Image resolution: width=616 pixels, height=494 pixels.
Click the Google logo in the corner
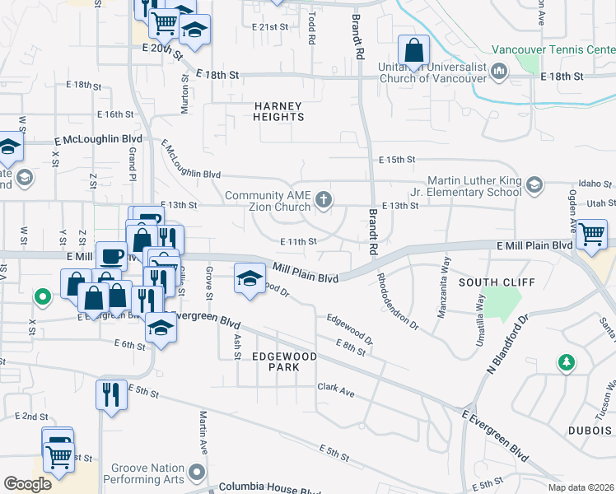(28, 483)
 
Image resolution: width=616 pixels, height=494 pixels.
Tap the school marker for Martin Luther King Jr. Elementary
(535, 184)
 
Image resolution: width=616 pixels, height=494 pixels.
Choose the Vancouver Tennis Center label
(553, 49)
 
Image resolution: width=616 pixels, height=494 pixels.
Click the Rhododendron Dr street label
(399, 301)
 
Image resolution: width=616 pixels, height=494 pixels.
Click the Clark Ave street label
(336, 391)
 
